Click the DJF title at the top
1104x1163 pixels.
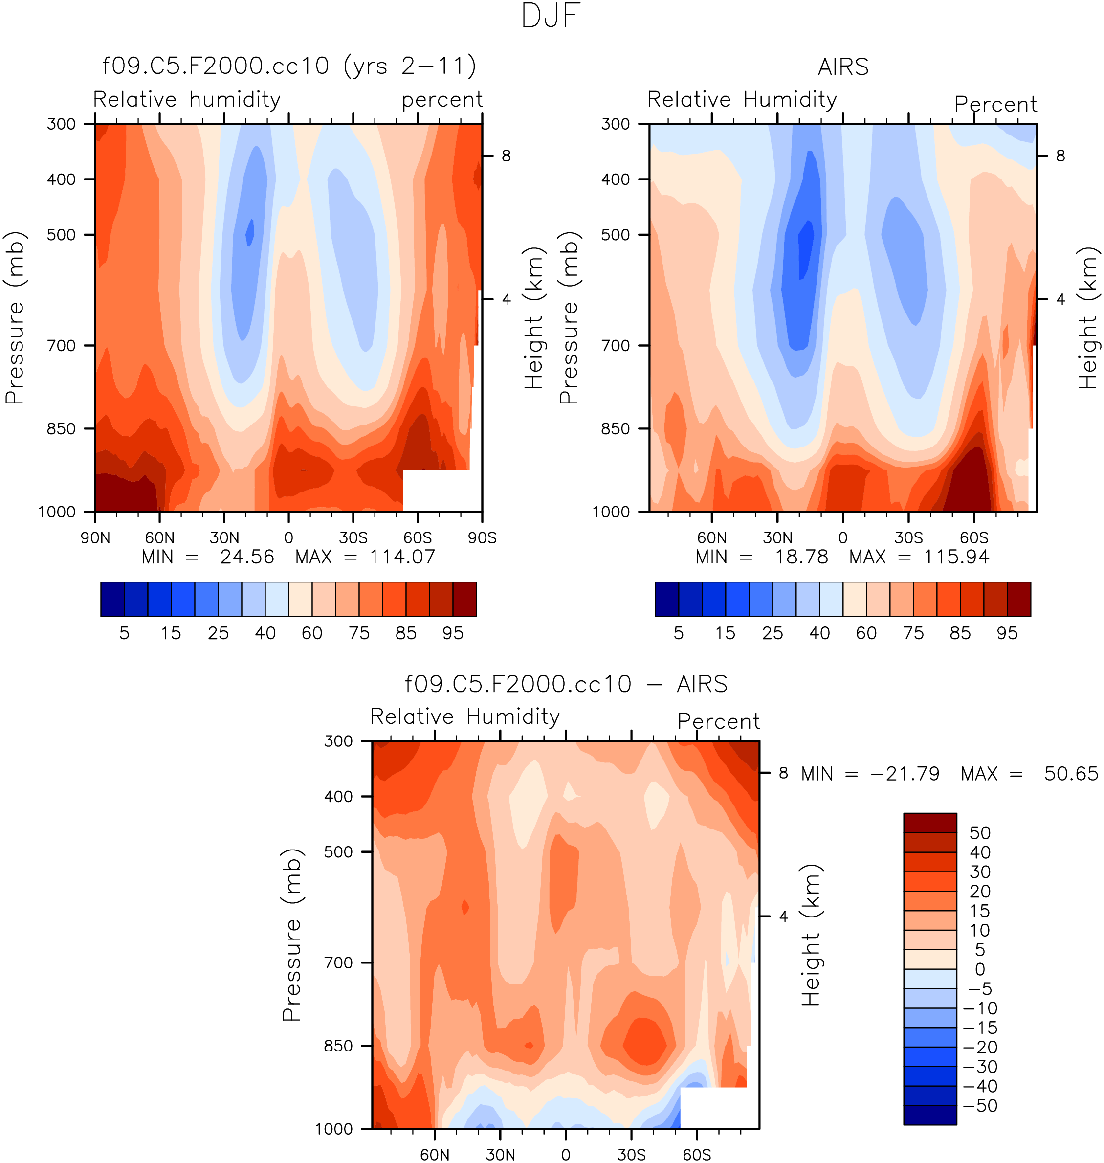[x=551, y=16]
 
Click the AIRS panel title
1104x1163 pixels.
[x=843, y=67]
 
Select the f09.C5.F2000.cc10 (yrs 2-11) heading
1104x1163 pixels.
[x=289, y=66]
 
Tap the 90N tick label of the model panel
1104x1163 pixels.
[x=95, y=537]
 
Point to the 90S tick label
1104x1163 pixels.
[x=482, y=537]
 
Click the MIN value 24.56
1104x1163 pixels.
[x=247, y=557]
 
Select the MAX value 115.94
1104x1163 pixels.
[x=956, y=557]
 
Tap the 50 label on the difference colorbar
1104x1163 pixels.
[x=980, y=833]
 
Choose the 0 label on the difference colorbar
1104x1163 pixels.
[x=980, y=969]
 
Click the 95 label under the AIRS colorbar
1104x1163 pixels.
[x=1007, y=633]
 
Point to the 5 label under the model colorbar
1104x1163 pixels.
[x=124, y=633]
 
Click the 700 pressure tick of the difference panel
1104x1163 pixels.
[x=338, y=962]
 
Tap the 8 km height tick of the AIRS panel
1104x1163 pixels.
[x=1060, y=156]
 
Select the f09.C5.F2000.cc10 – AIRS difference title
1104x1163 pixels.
[x=566, y=684]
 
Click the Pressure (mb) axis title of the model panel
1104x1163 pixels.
[x=15, y=317]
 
